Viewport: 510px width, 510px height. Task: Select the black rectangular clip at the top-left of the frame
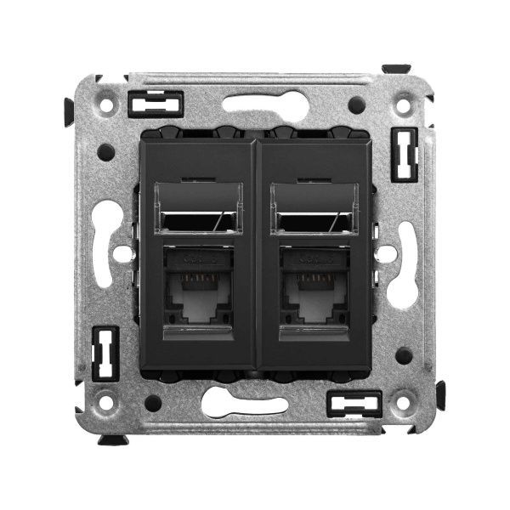click(x=155, y=103)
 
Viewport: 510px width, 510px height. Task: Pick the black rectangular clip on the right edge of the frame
click(x=404, y=155)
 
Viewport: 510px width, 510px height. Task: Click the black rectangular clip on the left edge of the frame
click(x=105, y=353)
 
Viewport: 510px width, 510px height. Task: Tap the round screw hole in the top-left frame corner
click(x=106, y=106)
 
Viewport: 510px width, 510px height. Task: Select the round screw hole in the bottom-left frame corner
click(x=106, y=403)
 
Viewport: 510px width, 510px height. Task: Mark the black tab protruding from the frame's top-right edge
click(x=396, y=69)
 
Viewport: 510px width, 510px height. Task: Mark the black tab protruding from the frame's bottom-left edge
click(x=112, y=439)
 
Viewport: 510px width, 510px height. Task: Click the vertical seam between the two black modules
click(x=255, y=255)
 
